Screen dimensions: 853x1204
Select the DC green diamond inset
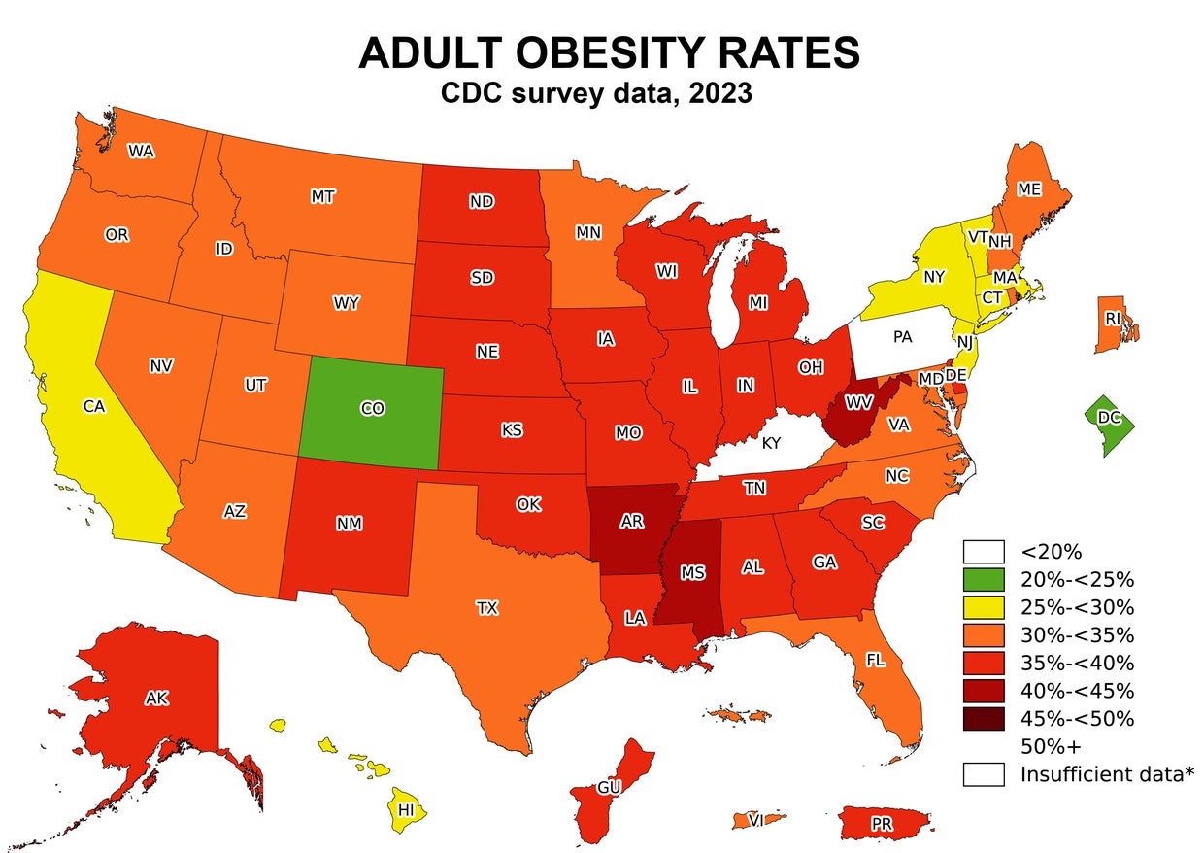point(1109,418)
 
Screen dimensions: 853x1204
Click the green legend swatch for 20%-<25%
point(984,580)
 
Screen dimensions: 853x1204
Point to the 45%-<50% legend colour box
point(984,719)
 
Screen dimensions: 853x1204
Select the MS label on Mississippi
point(692,573)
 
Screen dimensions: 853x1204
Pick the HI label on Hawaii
point(407,809)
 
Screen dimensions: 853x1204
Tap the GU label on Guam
point(609,787)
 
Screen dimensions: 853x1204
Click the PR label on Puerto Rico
point(882,824)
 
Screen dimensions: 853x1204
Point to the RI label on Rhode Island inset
point(1113,318)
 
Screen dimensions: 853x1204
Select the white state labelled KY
point(771,443)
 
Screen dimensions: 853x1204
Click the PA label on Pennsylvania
point(902,337)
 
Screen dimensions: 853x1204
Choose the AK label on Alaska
point(157,698)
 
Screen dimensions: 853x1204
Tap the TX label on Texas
point(486,608)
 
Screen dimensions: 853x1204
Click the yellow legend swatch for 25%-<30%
point(984,608)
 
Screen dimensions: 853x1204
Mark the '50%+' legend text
point(1052,746)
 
